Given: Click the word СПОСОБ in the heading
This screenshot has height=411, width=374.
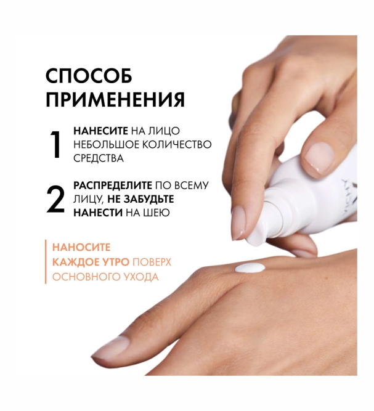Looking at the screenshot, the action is click(x=89, y=76).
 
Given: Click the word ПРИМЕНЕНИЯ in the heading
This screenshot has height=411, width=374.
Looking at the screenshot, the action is click(x=116, y=100).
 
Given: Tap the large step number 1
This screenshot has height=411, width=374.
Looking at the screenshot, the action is click(x=55, y=144).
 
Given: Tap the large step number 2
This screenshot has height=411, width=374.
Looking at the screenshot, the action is click(x=55, y=198).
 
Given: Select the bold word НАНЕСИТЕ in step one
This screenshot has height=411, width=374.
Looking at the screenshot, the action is click(x=100, y=131).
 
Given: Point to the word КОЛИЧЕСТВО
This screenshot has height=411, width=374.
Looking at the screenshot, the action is click(x=177, y=144).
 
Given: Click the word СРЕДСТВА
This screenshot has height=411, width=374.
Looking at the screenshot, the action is click(x=99, y=158).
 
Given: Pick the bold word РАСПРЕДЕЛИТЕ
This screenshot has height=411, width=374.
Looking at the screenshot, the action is click(x=113, y=185).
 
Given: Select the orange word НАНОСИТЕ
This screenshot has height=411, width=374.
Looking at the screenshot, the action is click(x=81, y=247).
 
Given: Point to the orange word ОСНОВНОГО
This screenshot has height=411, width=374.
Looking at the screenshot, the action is click(x=83, y=277).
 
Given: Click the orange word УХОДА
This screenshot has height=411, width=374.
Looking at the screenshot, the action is click(x=139, y=277).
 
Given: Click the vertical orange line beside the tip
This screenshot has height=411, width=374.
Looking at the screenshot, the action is click(x=46, y=262).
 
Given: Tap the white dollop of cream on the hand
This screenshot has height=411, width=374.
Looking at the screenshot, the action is click(x=250, y=268).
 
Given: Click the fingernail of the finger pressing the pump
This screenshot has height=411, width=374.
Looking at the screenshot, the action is click(x=239, y=222).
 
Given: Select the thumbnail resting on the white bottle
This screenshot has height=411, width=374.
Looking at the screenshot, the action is click(x=319, y=157).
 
